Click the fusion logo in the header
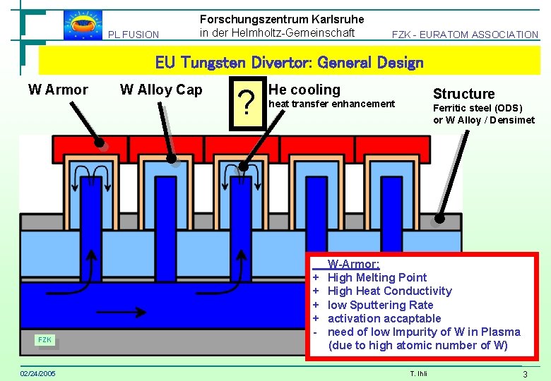click(x=83, y=25)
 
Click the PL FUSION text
click(x=134, y=35)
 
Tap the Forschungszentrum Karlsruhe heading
click(x=282, y=19)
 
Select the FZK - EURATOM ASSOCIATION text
click(x=465, y=35)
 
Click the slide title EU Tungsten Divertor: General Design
click(x=289, y=63)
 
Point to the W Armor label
click(x=58, y=90)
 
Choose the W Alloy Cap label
click(x=161, y=90)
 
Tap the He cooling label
click(x=304, y=90)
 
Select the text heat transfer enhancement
click(x=332, y=104)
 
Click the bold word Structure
click(x=463, y=94)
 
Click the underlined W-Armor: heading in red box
click(x=353, y=264)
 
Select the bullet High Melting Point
click(x=377, y=277)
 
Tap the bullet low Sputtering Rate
click(x=380, y=305)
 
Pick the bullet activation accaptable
click(x=374, y=318)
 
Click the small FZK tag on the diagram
click(x=45, y=340)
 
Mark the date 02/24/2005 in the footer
click(x=39, y=373)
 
